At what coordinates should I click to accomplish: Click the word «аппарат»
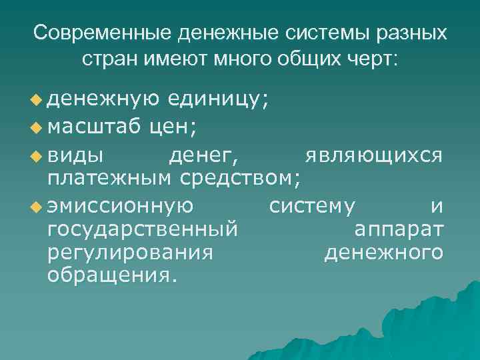point(399,230)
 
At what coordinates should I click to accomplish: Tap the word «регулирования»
point(131,253)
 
